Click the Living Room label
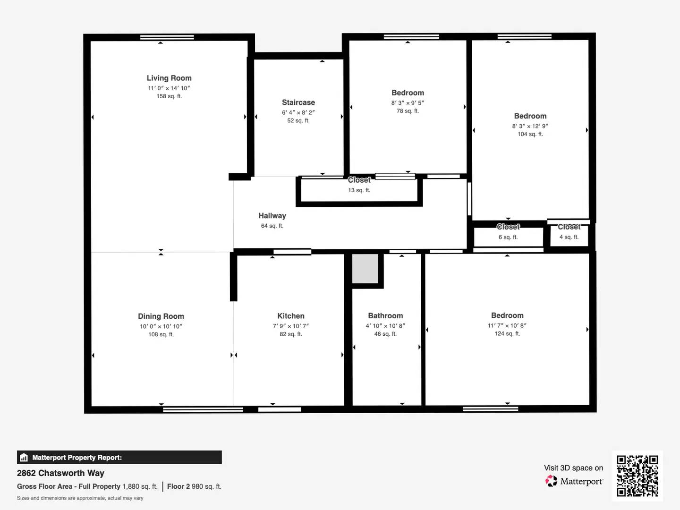click(169, 78)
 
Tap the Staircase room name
click(298, 102)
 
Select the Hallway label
click(272, 216)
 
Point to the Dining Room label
click(161, 316)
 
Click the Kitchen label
click(291, 316)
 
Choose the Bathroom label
click(385, 315)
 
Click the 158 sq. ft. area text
click(169, 96)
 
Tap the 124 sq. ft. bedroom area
click(507, 333)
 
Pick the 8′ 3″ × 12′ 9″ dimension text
click(530, 126)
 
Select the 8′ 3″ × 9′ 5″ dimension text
click(408, 103)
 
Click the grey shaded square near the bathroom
click(365, 269)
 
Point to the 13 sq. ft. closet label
click(359, 190)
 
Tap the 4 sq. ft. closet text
click(569, 237)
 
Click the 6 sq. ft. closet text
click(508, 237)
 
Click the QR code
click(637, 476)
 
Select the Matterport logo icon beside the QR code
click(551, 481)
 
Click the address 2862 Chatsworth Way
click(60, 473)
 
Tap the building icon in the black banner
click(24, 458)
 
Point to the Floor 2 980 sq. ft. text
click(194, 486)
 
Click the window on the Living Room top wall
click(167, 37)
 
